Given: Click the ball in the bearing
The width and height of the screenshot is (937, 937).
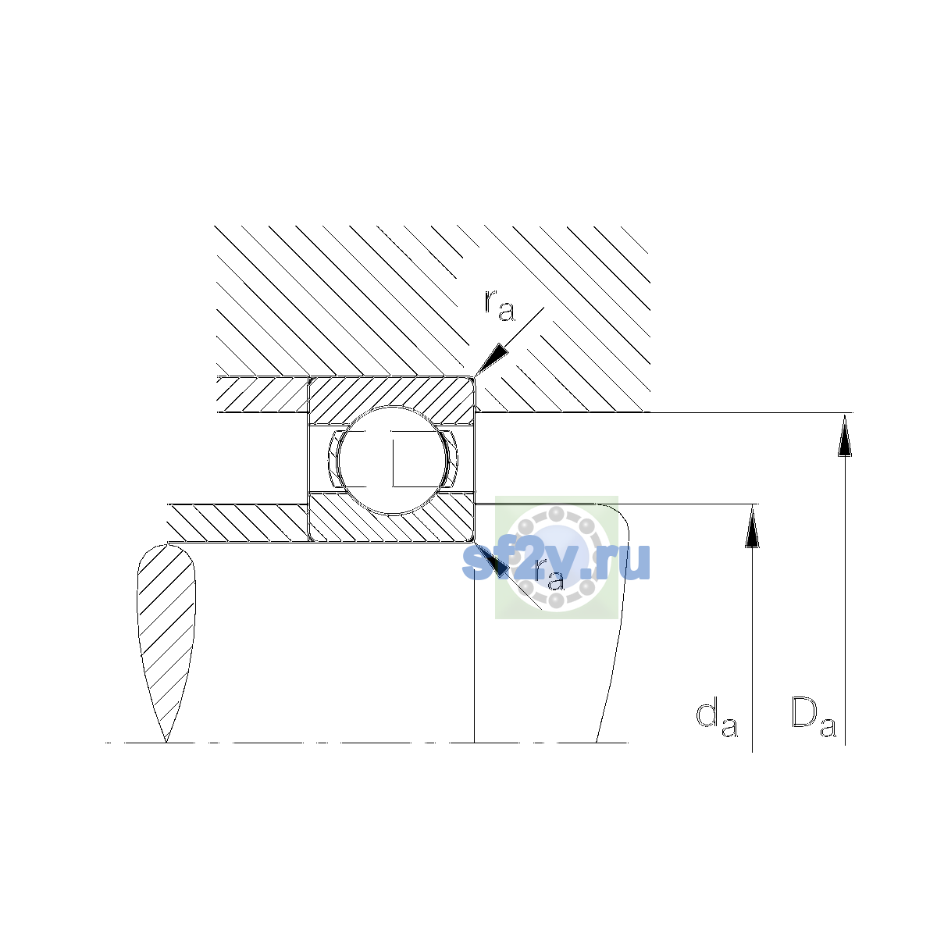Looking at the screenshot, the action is [392, 460].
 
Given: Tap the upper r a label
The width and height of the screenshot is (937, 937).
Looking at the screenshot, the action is [500, 305].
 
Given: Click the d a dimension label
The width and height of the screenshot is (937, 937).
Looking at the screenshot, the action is [716, 721].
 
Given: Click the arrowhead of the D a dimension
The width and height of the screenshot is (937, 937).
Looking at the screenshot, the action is [845, 435].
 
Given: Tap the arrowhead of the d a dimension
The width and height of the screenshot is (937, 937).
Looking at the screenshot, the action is [752, 526].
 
